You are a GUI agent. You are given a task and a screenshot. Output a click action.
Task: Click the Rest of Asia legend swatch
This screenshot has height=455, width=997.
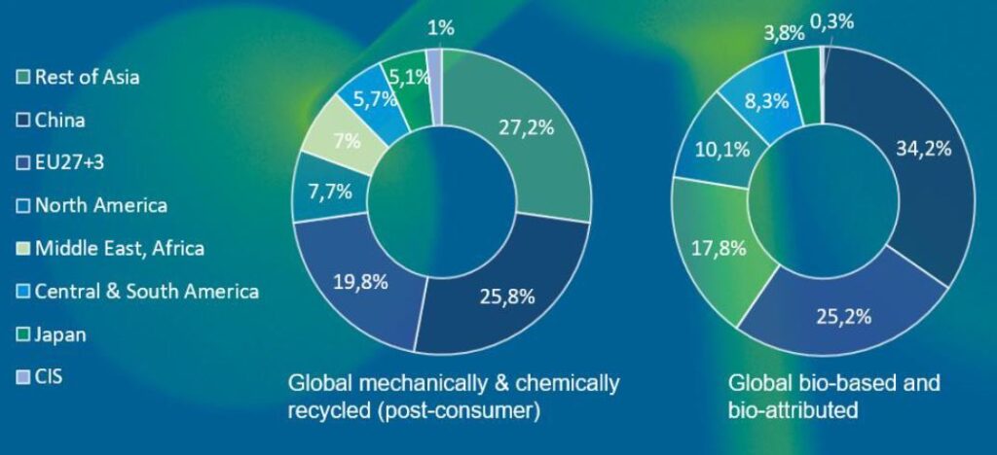[23, 77]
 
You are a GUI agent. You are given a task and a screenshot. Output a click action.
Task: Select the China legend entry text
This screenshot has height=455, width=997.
[60, 121]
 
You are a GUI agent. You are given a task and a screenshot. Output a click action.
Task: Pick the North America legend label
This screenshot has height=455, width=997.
[101, 205]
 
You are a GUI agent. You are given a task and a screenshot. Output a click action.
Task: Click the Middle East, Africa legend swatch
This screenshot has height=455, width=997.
[23, 249]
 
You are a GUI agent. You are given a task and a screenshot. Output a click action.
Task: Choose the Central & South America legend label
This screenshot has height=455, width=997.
[147, 291]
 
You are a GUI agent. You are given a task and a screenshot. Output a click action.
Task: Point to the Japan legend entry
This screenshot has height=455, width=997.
[60, 334]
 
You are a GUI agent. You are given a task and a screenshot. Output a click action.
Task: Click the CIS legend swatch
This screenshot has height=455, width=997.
[23, 377]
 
